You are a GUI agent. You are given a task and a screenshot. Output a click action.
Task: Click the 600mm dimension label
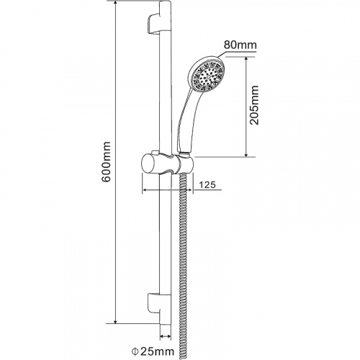point(106,161)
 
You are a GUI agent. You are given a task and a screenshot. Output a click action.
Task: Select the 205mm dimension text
point(254,105)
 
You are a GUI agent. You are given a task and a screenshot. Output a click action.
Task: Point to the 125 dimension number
point(207,184)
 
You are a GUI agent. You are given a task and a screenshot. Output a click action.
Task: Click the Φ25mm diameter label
point(153,352)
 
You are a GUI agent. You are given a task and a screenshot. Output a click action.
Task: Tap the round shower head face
point(207,74)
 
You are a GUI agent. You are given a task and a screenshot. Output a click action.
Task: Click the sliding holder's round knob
point(150,163)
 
